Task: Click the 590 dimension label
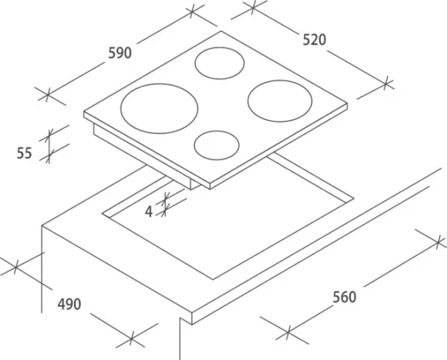tap(120, 53)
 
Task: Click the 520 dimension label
tap(314, 40)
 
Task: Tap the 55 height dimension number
tap(24, 153)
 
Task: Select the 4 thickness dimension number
tap(149, 212)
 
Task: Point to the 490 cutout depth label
tap(69, 304)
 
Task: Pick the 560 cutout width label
tap(344, 297)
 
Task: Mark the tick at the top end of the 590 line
tap(192, 11)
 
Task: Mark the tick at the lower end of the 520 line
tap(386, 83)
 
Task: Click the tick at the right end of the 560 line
tap(438, 243)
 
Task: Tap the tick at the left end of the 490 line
tap(16, 267)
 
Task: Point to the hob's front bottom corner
tap(210, 189)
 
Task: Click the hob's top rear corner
tap(221, 31)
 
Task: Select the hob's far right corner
tap(348, 103)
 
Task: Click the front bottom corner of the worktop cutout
tap(213, 280)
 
